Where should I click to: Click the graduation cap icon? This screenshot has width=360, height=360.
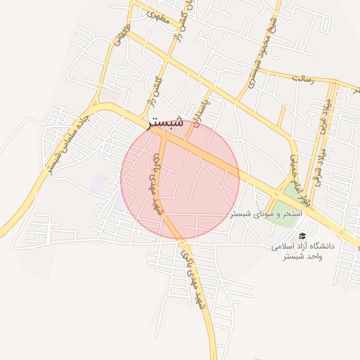[x=302, y=236]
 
